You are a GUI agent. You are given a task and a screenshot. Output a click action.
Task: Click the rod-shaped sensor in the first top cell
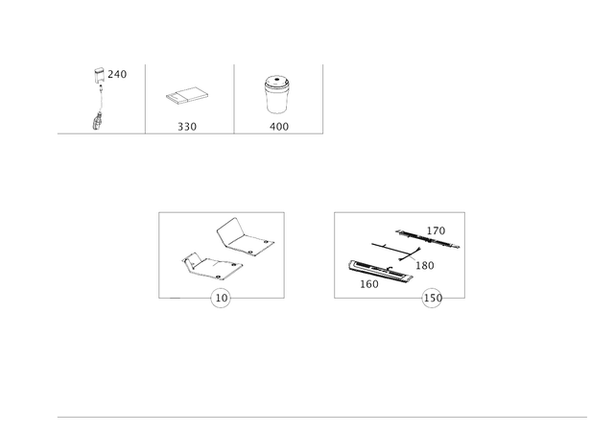[98, 96]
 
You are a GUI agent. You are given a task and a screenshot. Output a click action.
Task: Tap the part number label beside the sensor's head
[120, 73]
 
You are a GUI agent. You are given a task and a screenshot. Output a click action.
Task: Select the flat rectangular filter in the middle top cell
[187, 97]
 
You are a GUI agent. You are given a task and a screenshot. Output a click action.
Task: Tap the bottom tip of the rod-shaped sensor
[96, 123]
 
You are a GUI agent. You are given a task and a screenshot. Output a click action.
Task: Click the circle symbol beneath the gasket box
[221, 300]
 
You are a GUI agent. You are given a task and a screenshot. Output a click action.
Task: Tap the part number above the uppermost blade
[437, 229]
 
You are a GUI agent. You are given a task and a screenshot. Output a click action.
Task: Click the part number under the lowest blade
[366, 284]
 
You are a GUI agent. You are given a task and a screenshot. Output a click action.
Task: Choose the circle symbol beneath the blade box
[433, 300]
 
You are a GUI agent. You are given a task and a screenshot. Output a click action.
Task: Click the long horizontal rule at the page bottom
[321, 417]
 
